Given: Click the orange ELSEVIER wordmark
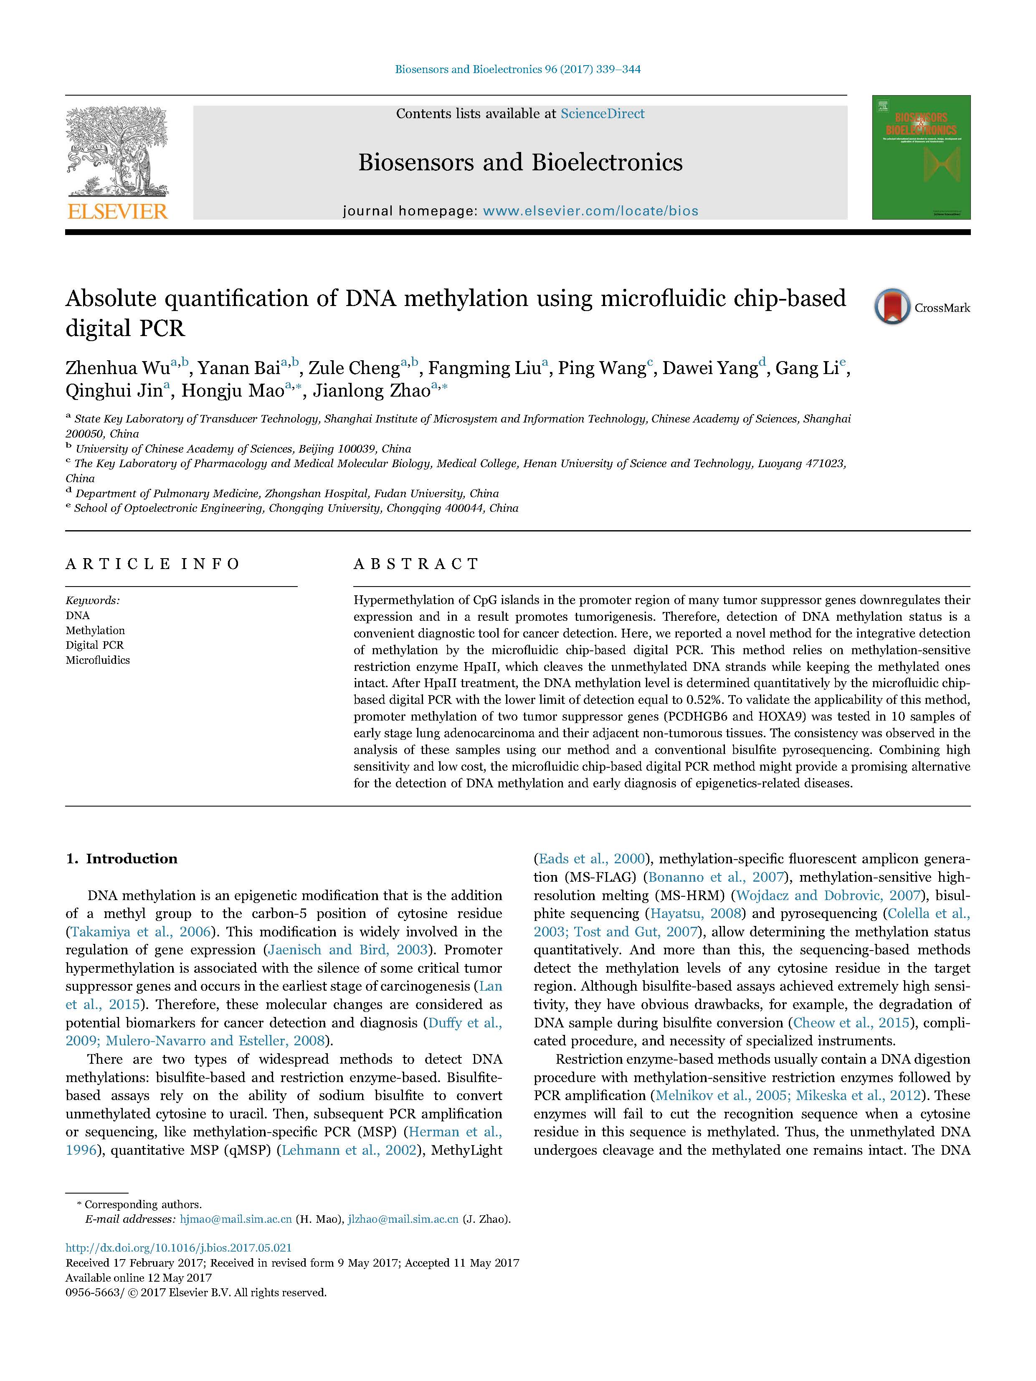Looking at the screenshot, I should (x=117, y=212).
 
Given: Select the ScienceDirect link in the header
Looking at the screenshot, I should (x=602, y=114).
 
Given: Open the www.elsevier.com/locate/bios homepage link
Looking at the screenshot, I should (x=590, y=211).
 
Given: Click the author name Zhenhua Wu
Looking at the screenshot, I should (x=117, y=368).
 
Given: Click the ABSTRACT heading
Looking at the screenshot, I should (x=416, y=564).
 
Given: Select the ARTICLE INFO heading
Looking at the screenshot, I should (x=152, y=564).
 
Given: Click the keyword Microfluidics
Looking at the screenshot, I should (x=97, y=660).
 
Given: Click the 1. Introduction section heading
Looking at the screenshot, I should (x=122, y=858).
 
